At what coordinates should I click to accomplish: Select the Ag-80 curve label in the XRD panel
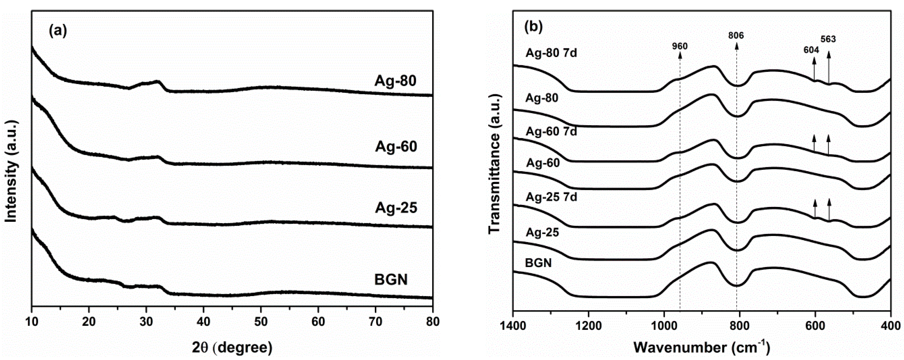395,81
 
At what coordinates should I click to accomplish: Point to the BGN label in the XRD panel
391,280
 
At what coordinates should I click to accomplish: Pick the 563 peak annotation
828,39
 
